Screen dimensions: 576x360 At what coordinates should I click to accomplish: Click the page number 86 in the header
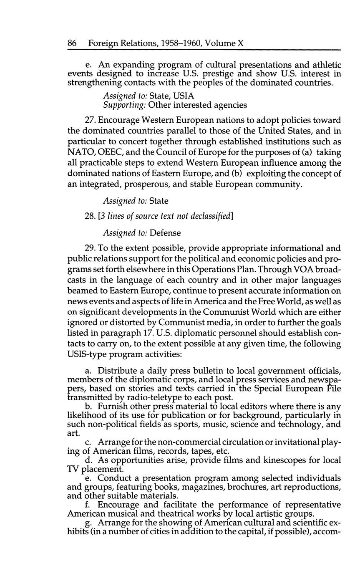72,43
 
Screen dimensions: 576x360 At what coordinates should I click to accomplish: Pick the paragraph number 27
108,120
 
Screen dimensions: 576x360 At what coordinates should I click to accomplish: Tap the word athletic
324,65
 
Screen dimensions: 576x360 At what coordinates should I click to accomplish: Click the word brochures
240,487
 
